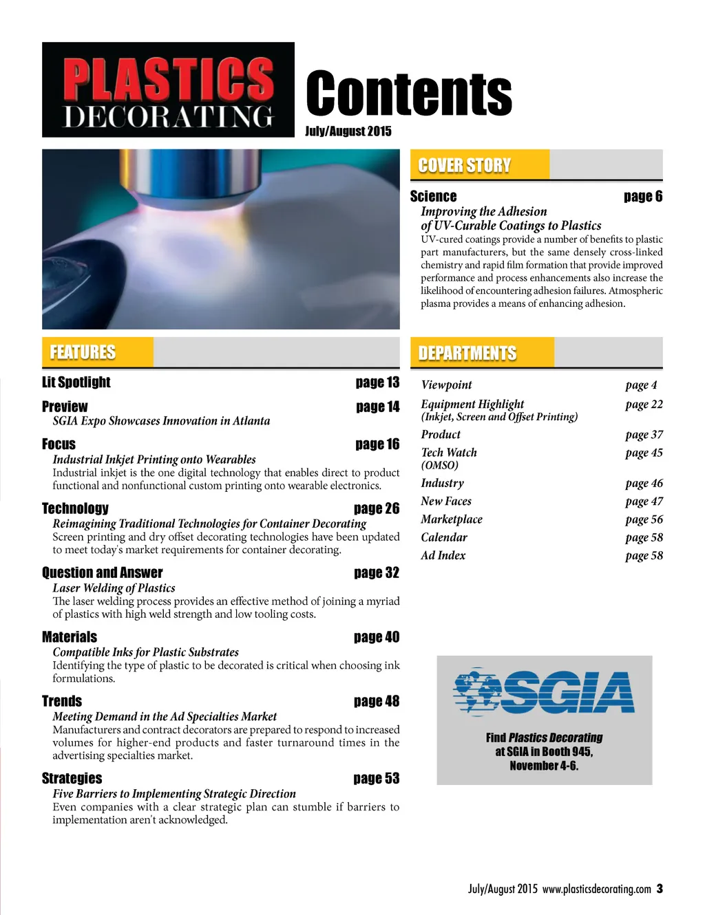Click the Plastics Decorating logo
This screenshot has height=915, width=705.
click(168, 89)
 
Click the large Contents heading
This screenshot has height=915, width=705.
click(409, 94)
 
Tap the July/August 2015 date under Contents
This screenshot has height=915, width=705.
click(348, 131)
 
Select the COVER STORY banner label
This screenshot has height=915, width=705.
click(465, 165)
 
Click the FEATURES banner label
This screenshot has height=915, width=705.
click(83, 352)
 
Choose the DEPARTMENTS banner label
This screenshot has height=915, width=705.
click(467, 353)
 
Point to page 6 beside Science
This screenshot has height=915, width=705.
click(643, 197)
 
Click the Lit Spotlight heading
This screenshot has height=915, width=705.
click(76, 382)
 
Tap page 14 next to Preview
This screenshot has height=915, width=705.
click(377, 407)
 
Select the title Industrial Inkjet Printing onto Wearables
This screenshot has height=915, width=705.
click(154, 459)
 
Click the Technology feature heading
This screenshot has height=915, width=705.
click(75, 508)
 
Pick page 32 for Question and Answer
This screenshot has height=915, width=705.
click(376, 572)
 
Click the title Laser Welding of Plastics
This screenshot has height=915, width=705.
click(114, 588)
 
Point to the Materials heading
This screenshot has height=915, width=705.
click(70, 637)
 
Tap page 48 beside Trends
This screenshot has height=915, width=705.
click(376, 701)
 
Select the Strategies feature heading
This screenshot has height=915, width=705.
click(72, 778)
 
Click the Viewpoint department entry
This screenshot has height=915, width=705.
click(446, 385)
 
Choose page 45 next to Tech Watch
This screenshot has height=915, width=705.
click(644, 453)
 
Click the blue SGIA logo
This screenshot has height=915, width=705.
click(543, 691)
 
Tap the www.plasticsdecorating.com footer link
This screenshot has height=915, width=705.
click(596, 889)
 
